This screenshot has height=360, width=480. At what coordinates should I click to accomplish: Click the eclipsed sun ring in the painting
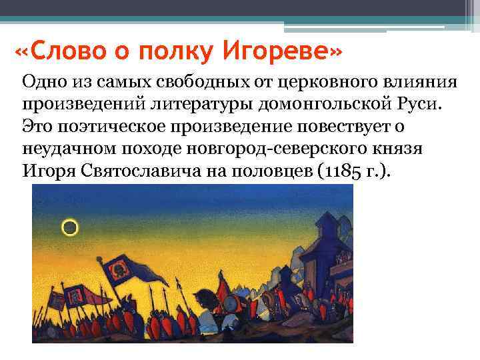[x=69, y=229]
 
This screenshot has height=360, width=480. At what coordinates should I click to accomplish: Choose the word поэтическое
[x=107, y=126]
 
